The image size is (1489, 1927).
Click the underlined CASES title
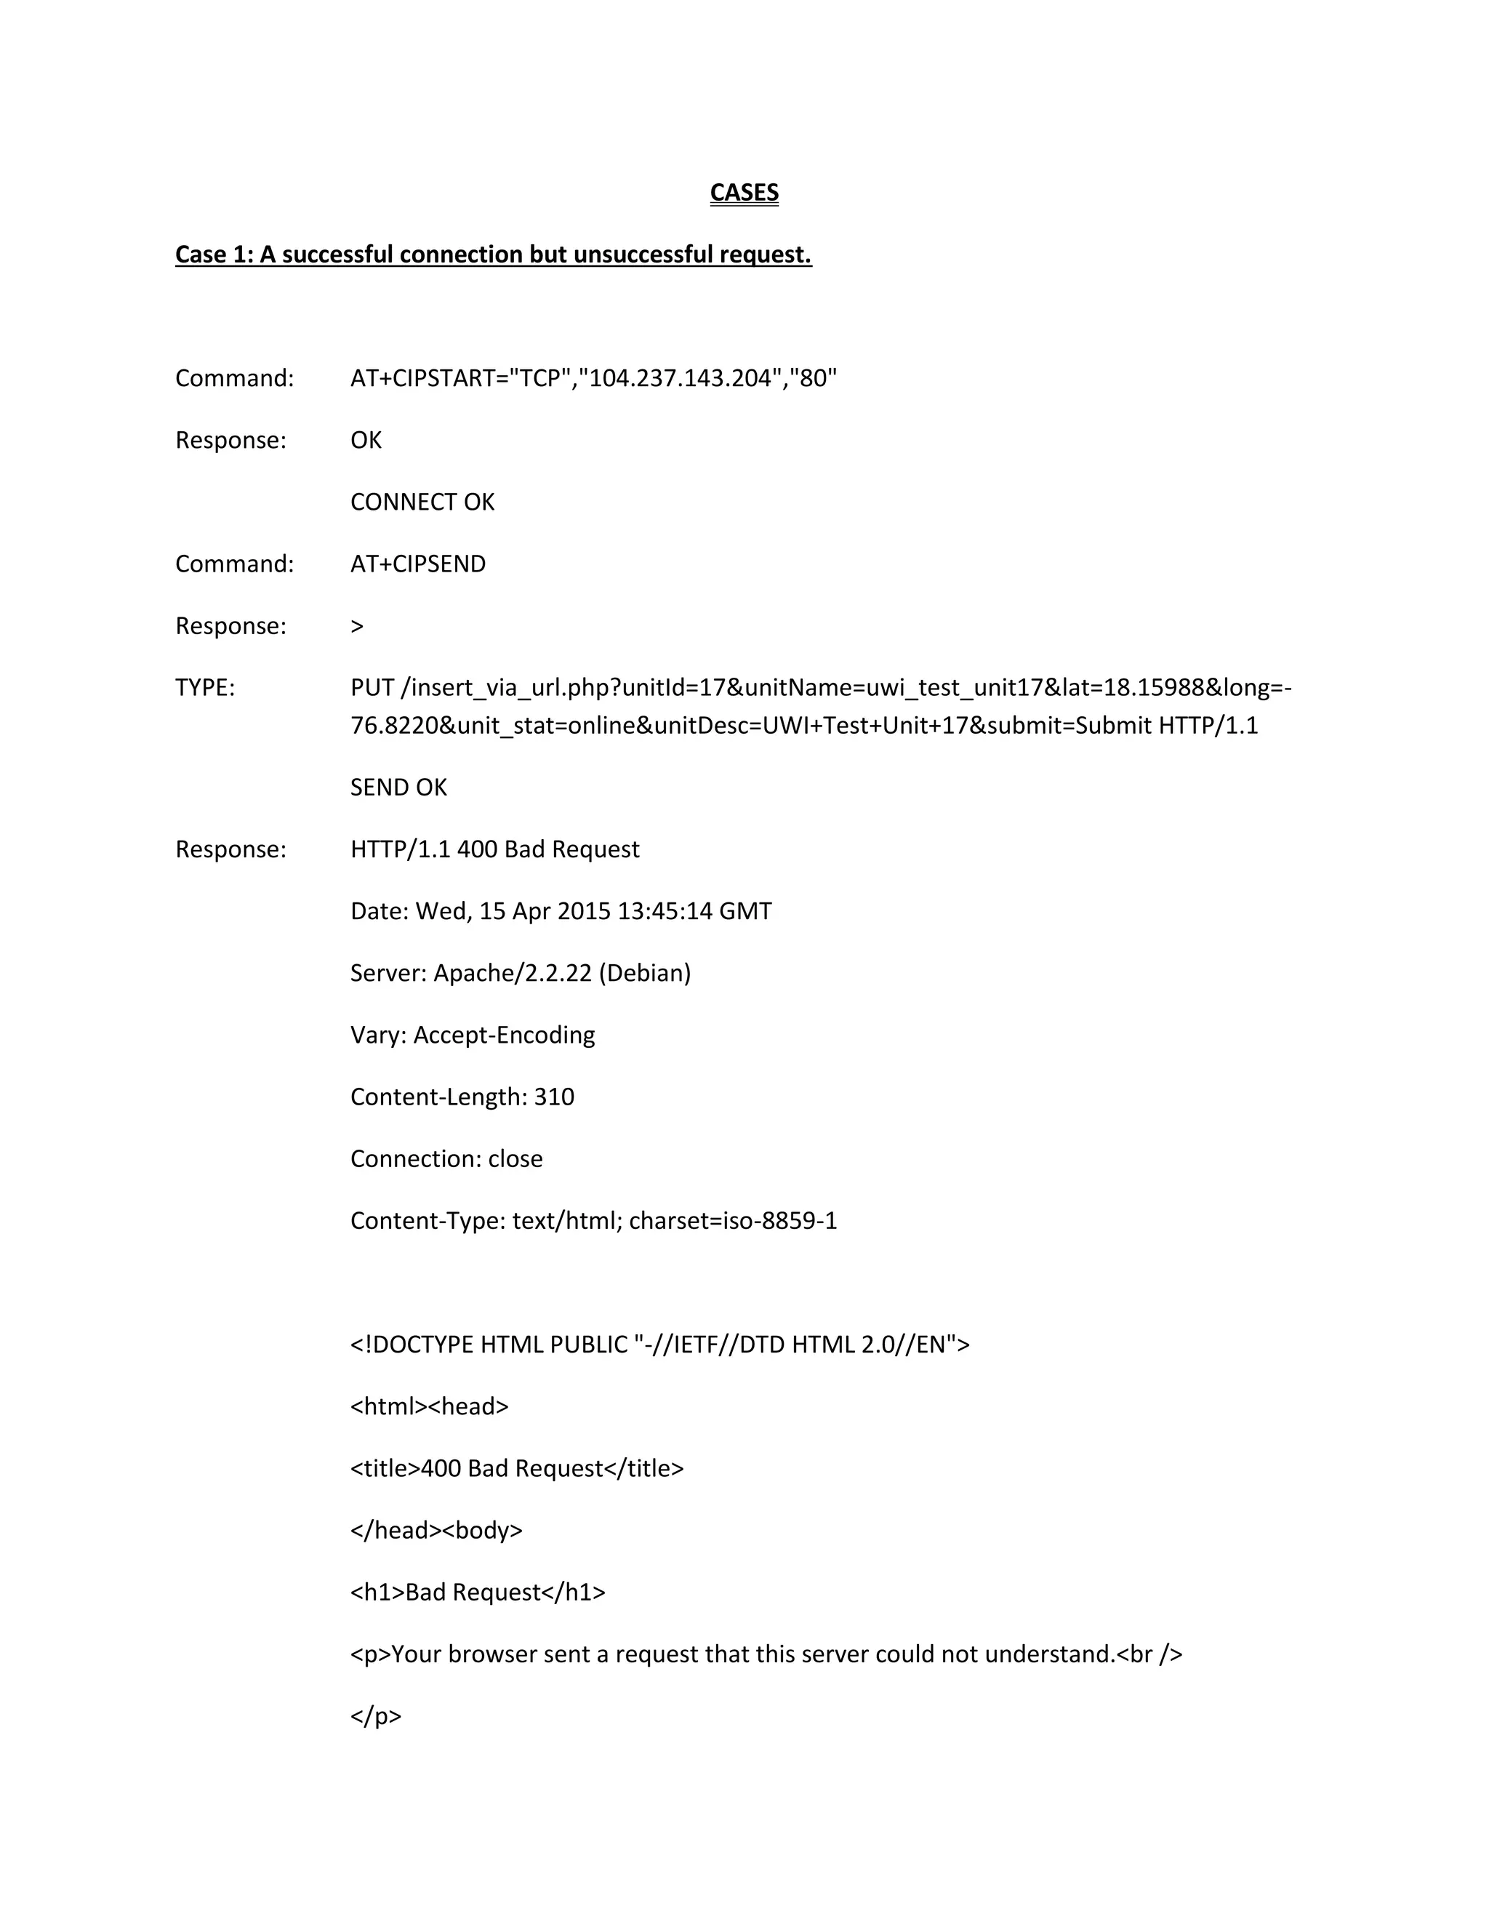744,193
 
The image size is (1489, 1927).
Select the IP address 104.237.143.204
680,379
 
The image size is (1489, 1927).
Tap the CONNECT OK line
422,502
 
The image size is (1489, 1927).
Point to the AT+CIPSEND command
417,564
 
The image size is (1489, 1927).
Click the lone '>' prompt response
356,626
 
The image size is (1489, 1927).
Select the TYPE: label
204,687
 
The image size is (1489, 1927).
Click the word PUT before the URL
372,687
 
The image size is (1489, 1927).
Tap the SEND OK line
398,787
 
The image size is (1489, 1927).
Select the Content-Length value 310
554,1097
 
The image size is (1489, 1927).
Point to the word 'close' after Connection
515,1158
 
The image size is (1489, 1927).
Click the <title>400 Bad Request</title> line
516,1468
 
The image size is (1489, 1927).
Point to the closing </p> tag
375,1716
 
